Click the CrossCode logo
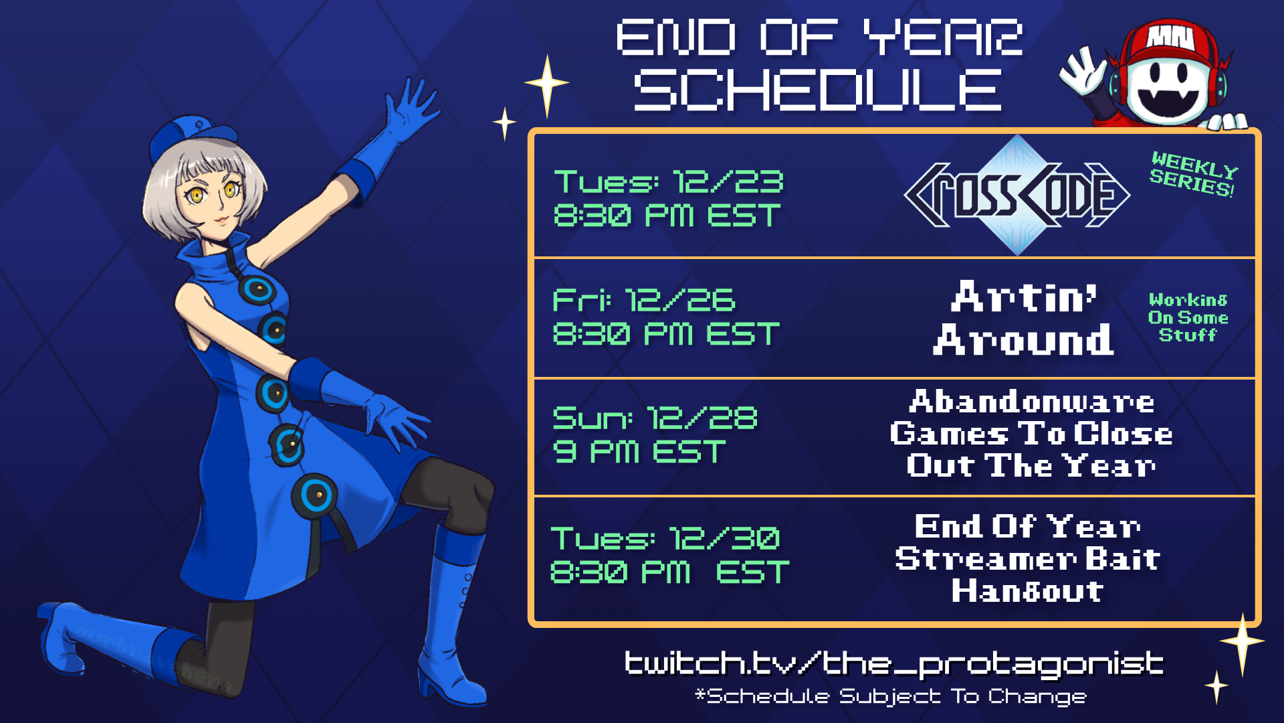pos(1017,195)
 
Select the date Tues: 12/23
pos(669,181)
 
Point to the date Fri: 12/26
pos(644,300)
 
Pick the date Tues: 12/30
pos(665,538)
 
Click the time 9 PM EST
pos(639,452)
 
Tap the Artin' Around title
pos(1024,317)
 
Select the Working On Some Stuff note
pos(1188,317)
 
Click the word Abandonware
pos(1032,402)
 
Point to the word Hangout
pos(1027,591)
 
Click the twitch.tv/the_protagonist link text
pos(894,663)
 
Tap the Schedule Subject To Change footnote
pos(891,696)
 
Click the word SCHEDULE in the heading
pos(818,90)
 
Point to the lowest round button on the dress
pos(314,496)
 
